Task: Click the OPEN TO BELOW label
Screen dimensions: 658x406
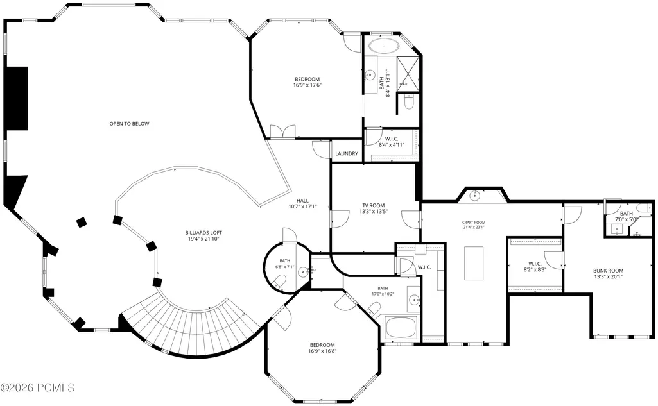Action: [x=129, y=124]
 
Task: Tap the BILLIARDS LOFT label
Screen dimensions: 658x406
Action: [x=203, y=233]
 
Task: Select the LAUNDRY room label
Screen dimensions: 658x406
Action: [x=347, y=153]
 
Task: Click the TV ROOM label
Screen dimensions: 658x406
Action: [x=374, y=205]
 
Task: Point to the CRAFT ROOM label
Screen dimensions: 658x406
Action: [x=474, y=223]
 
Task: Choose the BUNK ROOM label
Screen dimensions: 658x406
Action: [x=608, y=271]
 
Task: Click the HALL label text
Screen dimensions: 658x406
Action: [x=302, y=201]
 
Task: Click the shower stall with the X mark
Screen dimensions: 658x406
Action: [x=408, y=73]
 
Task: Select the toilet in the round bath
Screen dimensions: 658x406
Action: [x=279, y=281]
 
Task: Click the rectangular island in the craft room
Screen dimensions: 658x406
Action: [x=474, y=263]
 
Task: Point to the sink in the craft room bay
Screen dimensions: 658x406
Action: [x=474, y=195]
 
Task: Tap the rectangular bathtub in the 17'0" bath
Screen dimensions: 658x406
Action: [x=401, y=327]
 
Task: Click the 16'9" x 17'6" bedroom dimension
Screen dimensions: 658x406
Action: [x=307, y=85]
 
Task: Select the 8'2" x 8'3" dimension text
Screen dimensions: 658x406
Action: [x=535, y=269]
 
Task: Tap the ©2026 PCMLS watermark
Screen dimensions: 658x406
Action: [x=38, y=387]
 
